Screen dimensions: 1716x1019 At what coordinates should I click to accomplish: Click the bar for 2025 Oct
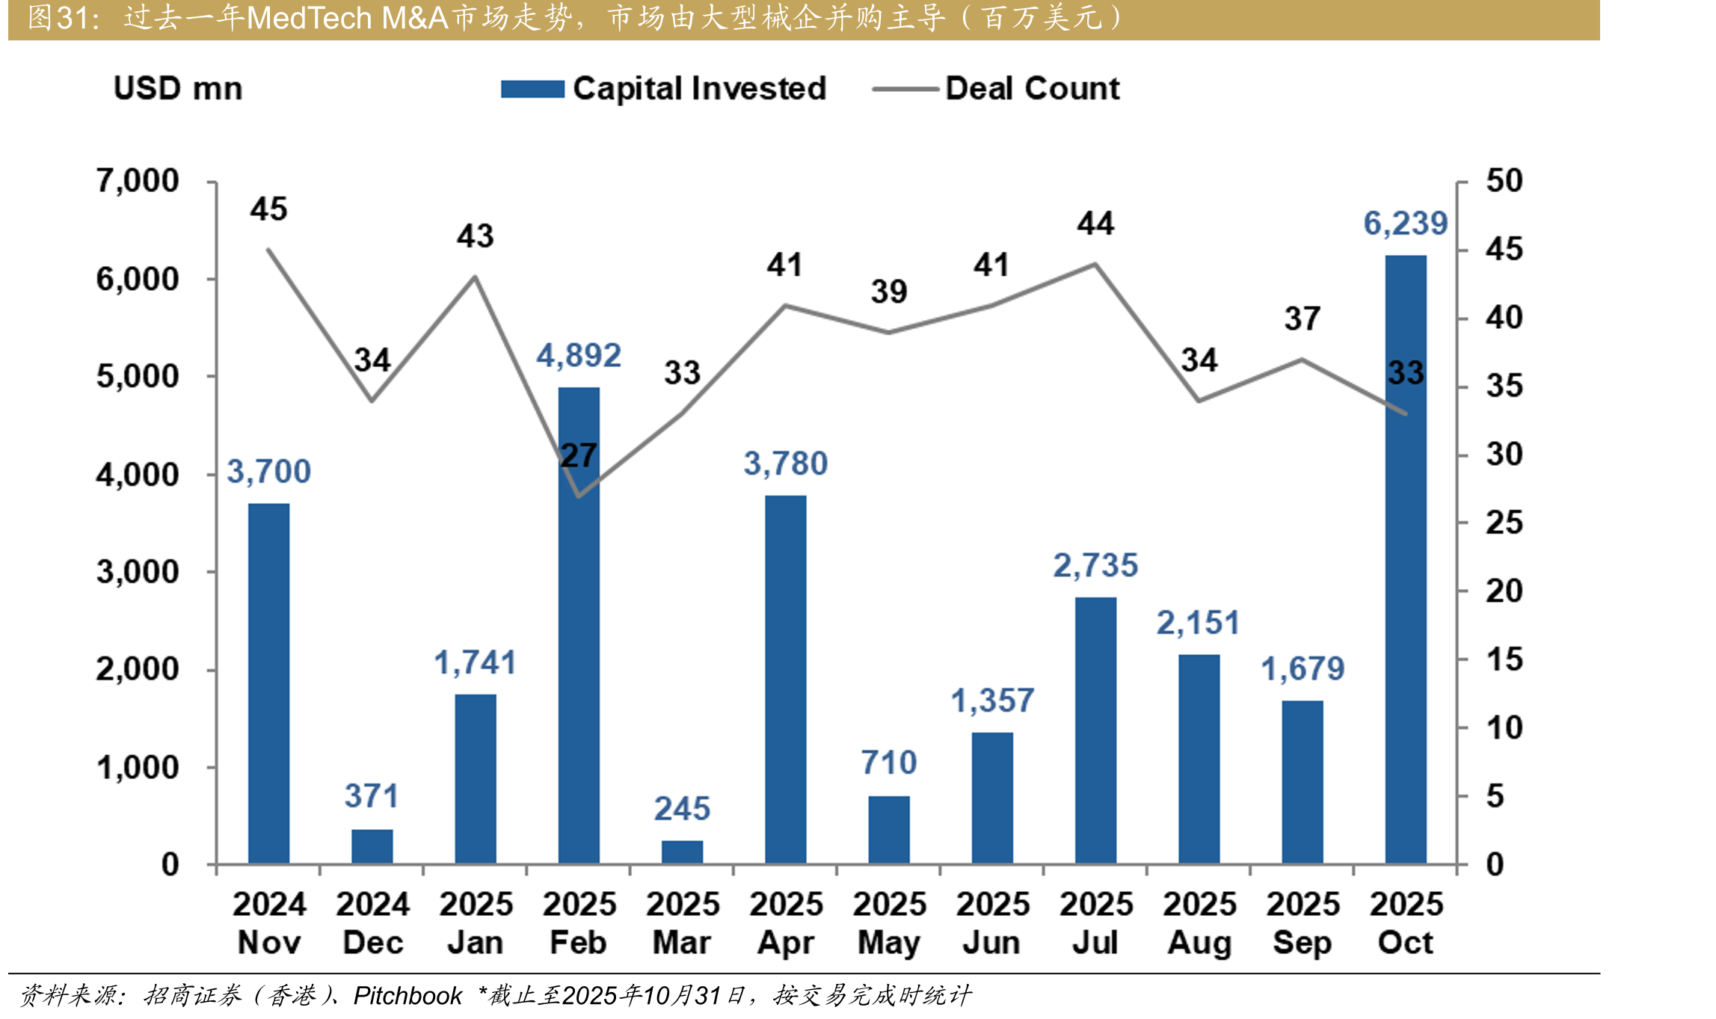tap(1406, 560)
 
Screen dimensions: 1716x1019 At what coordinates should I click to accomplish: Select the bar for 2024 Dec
tap(372, 847)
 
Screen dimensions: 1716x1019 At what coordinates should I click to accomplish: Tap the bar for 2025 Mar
tap(682, 853)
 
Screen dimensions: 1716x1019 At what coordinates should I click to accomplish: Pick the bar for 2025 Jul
tap(1095, 731)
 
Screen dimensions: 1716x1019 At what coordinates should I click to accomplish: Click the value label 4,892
tap(579, 356)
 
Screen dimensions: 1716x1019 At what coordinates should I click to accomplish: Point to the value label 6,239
tap(1406, 224)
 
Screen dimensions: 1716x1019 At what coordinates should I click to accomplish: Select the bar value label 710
tap(889, 763)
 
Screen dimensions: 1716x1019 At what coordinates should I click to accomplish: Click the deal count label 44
tap(1095, 224)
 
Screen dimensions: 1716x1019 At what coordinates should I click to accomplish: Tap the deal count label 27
tap(578, 455)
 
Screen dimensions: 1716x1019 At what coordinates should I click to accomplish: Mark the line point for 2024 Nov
tap(268, 250)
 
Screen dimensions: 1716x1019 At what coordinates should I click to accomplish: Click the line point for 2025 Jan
tap(476, 277)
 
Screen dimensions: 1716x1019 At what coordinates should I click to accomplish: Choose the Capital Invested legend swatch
tap(532, 89)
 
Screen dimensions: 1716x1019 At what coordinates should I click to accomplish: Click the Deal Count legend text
tap(1033, 88)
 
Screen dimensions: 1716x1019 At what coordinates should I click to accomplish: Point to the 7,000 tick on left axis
tap(138, 181)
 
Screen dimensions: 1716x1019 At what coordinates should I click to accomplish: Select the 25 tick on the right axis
tap(1504, 523)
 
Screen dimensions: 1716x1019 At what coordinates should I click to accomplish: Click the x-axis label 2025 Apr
tap(786, 923)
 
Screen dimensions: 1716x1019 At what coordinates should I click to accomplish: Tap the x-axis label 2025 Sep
tap(1303, 923)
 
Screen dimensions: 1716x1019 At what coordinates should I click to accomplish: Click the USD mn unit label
tap(178, 88)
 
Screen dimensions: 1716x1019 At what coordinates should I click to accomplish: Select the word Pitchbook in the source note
tap(408, 995)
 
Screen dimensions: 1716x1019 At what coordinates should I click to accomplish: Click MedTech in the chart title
tap(310, 18)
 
